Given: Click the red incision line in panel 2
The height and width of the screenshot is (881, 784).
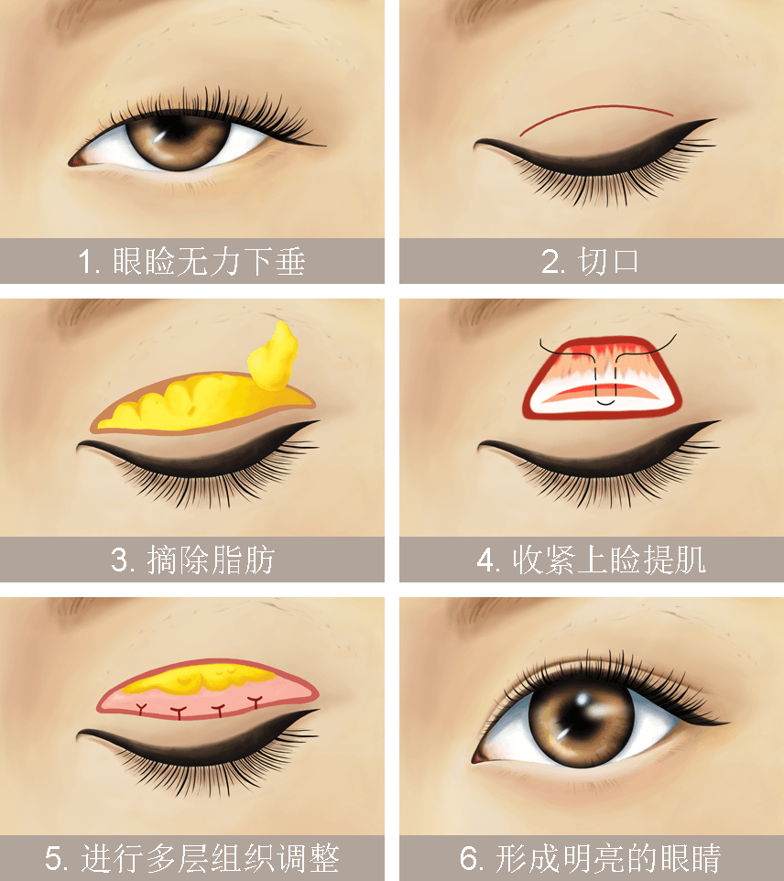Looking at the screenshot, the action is coord(596,116).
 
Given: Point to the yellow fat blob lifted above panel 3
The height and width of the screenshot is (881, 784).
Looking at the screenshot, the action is coord(274,356).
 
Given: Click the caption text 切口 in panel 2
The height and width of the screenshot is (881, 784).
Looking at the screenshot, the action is coord(609,262).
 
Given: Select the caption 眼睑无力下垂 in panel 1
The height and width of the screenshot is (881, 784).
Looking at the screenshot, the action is coord(209,262).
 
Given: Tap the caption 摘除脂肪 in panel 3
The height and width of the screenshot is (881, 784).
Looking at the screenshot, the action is coord(211,560).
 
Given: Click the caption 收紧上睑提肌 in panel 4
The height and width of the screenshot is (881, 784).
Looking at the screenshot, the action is coord(609,560).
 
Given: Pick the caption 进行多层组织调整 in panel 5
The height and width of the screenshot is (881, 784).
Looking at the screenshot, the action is coord(210,858).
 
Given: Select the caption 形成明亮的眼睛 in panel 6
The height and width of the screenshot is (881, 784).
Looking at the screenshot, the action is coord(608,858).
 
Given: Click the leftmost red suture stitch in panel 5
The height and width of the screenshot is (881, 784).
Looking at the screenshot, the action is coord(141,709).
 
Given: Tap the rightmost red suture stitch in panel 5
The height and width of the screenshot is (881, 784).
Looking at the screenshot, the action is coord(256,702).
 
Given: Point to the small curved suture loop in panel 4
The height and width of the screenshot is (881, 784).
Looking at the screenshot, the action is coord(605,402).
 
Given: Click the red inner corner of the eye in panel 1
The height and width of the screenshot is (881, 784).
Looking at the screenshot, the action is coord(75,162).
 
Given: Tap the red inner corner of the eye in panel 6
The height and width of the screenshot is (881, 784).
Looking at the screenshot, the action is coord(479,758).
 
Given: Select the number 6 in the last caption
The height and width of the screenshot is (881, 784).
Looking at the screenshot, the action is coord(468,858).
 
